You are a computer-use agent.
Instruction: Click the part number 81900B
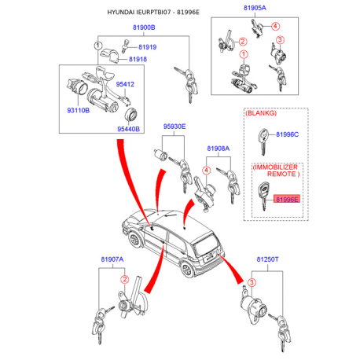144,28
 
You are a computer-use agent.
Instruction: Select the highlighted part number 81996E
287,200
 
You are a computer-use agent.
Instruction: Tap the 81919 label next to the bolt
147,47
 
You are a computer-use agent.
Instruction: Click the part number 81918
138,59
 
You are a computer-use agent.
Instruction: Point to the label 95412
125,84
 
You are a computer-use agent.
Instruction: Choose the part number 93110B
79,110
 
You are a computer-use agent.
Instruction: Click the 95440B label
128,129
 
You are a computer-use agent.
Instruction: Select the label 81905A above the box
255,8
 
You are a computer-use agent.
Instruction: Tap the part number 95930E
174,127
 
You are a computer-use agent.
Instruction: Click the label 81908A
219,149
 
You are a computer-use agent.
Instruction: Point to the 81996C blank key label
287,134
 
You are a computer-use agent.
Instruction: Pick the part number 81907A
112,259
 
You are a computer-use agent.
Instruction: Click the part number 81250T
267,259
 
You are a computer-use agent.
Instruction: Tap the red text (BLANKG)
261,113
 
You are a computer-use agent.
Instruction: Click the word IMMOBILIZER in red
276,167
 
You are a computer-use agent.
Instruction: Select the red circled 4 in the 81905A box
275,26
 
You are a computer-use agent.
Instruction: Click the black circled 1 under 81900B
98,46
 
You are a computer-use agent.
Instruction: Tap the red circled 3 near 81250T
252,282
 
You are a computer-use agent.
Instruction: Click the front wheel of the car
134,240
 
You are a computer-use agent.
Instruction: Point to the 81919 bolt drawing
126,46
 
